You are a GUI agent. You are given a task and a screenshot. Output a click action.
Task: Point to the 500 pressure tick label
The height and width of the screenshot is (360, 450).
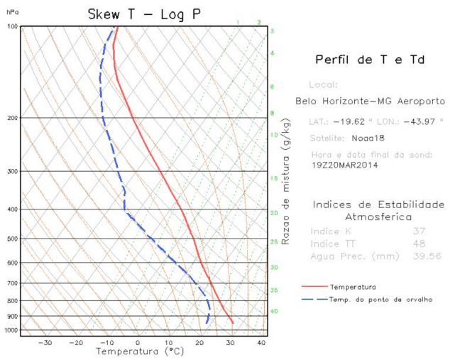click(x=12, y=239)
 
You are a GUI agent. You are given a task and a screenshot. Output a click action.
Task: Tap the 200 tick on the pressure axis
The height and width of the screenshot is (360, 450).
click(x=12, y=118)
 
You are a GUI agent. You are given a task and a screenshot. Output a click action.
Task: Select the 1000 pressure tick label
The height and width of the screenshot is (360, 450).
click(x=11, y=331)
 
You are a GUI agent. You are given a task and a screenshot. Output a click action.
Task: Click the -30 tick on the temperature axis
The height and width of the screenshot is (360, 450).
click(x=45, y=343)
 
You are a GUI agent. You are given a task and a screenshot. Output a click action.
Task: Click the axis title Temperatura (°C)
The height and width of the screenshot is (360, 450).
click(x=140, y=351)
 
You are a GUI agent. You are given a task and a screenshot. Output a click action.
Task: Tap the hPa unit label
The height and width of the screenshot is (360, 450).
click(x=13, y=12)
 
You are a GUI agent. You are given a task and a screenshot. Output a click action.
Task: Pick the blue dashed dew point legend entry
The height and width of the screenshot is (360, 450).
click(x=380, y=300)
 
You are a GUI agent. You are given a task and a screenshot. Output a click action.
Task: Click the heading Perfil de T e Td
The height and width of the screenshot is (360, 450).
click(x=370, y=60)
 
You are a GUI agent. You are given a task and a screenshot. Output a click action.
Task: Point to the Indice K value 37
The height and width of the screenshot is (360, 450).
click(x=419, y=231)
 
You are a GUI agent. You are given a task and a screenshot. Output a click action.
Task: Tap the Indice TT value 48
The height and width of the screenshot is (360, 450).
click(x=419, y=244)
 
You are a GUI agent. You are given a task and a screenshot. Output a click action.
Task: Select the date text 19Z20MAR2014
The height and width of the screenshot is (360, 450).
click(x=344, y=165)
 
